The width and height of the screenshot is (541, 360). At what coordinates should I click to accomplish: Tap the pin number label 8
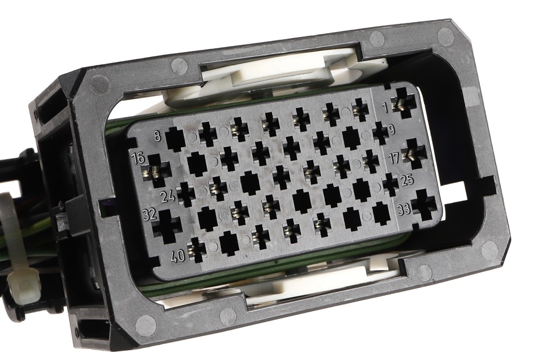(x=157, y=135)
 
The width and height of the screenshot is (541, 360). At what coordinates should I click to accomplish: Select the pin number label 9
(x=391, y=130)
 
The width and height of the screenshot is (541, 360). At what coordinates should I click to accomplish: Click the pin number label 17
(x=394, y=158)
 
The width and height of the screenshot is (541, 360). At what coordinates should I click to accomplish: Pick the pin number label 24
(x=168, y=197)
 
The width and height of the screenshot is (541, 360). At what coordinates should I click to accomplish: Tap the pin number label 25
(x=407, y=180)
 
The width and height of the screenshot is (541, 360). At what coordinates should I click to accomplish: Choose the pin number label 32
(x=150, y=214)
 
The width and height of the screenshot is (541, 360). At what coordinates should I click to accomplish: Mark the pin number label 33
(x=404, y=209)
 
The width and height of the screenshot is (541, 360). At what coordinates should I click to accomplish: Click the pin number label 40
(x=178, y=256)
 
